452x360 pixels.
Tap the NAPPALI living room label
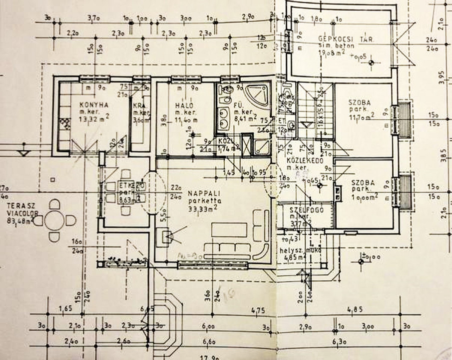coord(201,193)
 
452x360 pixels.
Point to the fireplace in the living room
coord(166,235)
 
